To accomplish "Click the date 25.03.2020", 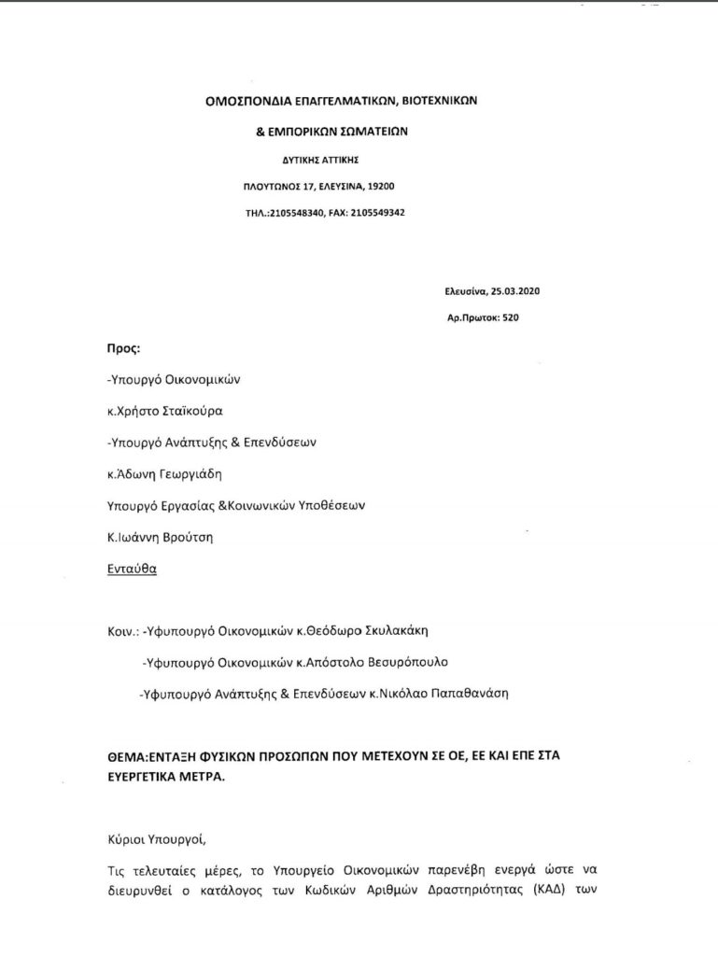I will point(516,291).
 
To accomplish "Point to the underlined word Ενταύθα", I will point(132,569).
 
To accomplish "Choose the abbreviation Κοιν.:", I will point(123,631).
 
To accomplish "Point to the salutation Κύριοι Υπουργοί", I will point(152,838).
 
